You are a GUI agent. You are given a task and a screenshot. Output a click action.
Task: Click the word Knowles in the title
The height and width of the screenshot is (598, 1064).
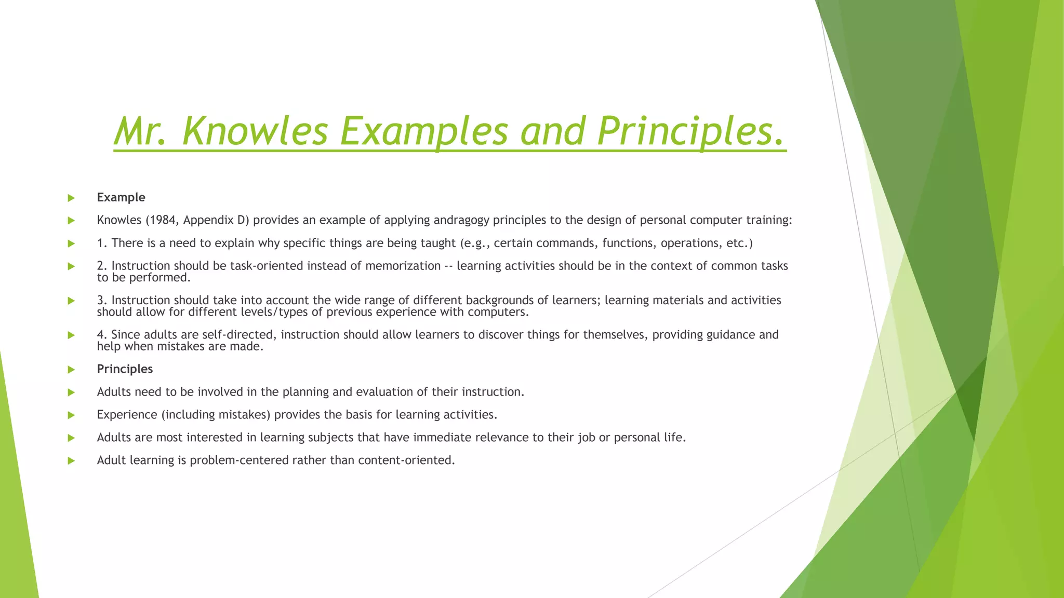tap(255, 131)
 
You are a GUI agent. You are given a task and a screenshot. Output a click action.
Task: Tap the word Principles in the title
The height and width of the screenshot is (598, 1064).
tap(690, 131)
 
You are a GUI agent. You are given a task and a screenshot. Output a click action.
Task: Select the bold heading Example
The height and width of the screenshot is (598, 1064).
tap(121, 197)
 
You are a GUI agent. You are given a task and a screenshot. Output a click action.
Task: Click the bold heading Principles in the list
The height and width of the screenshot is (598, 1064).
tap(125, 369)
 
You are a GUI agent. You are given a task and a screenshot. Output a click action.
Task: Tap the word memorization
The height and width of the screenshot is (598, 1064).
tap(403, 266)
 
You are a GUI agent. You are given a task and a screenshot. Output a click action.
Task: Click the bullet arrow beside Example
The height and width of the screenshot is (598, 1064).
tap(71, 198)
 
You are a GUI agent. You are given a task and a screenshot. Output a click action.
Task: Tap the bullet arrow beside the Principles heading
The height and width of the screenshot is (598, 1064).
tap(71, 370)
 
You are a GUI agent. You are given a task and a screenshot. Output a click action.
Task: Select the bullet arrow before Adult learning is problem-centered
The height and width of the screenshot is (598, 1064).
tap(71, 461)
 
